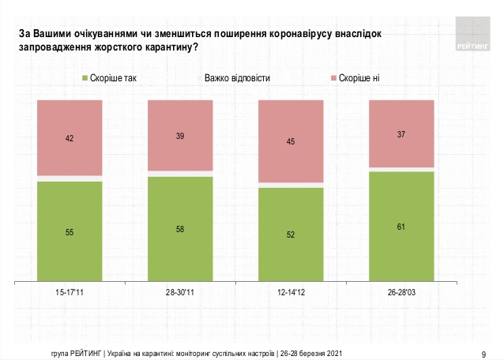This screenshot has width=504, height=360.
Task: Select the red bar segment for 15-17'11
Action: [x=70, y=138]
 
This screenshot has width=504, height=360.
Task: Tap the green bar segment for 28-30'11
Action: [x=180, y=228]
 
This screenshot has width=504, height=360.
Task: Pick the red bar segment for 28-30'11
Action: [x=180, y=135]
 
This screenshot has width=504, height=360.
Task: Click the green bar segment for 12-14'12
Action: [x=291, y=234]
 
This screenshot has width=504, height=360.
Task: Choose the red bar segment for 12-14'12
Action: [x=291, y=141]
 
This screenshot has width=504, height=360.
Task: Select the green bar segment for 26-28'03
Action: [x=401, y=226]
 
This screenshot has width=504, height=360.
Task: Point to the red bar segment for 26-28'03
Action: [x=401, y=133]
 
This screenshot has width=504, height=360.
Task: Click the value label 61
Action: [x=401, y=226]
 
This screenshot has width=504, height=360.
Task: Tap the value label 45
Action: [x=291, y=142]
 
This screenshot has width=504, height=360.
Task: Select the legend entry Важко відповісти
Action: [x=236, y=78]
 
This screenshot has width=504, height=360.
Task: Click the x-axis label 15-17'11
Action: [x=70, y=292]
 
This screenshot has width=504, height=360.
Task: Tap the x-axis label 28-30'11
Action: [x=180, y=292]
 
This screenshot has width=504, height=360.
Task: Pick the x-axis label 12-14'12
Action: [x=291, y=292]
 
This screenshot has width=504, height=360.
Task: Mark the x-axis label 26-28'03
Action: [x=401, y=292]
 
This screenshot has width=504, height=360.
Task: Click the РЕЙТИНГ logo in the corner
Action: [x=475, y=35]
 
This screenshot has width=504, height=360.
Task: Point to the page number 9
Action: [x=483, y=353]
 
